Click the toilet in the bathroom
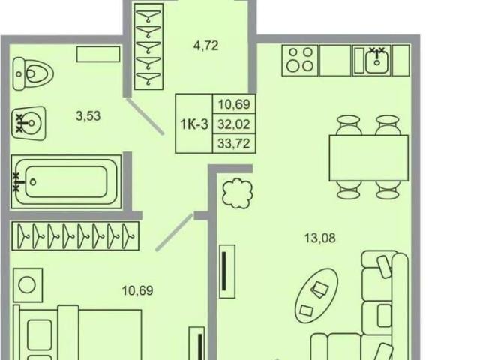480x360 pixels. pos(33,73)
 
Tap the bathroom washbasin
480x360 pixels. pos(28,123)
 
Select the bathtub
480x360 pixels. pos(66,181)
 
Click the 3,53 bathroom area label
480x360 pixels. pos(88,116)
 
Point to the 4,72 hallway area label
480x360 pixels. pos(206,46)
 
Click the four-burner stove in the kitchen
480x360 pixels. pos(300,60)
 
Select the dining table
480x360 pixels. pos(369,158)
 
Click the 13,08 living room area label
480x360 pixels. pos(320,238)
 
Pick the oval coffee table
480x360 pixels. pos(316,295)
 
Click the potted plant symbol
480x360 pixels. pos(237,193)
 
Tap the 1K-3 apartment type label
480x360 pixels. pos(194,124)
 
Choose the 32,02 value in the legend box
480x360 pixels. pos(234,124)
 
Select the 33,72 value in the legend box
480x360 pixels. pos(234,143)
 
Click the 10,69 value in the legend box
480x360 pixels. pos(234,104)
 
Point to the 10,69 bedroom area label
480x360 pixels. pos(137,290)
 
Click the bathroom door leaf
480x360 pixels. pos(145,116)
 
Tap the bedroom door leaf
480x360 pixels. pos(174,232)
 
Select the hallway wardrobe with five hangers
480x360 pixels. pos(148,46)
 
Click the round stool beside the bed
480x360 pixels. pos(27,285)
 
